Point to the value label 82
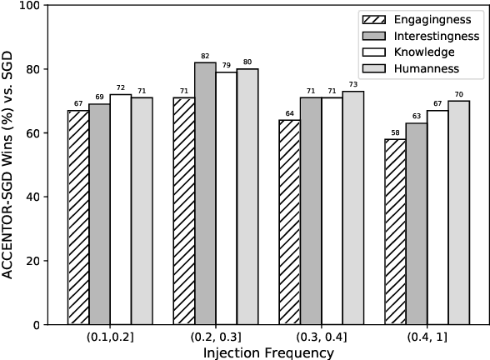pyautogui.click(x=205, y=56)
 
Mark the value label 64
pyautogui.click(x=290, y=113)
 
